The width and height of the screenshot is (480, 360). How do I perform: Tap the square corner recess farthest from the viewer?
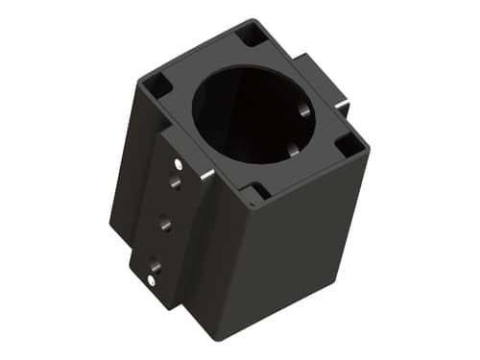click(x=252, y=35)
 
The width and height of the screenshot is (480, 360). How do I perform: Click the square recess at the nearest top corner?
click(x=257, y=193)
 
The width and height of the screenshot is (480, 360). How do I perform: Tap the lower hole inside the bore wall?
click(x=294, y=150)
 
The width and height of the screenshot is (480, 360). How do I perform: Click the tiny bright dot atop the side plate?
click(x=180, y=164)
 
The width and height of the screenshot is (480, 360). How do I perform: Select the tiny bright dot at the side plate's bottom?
click(x=154, y=280)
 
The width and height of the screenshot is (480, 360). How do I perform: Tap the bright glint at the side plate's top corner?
click(x=207, y=175)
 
